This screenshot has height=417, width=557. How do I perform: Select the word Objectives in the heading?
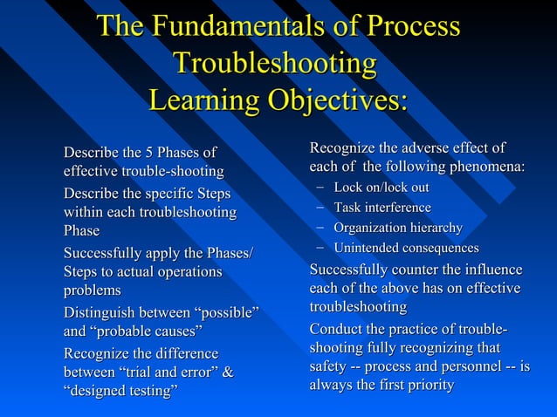(x=337, y=101)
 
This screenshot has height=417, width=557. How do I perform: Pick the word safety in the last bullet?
(x=330, y=366)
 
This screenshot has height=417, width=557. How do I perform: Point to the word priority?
(x=427, y=385)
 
